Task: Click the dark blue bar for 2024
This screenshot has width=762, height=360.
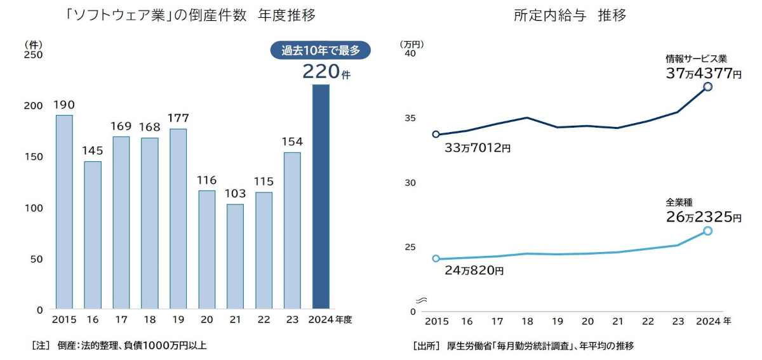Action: click(x=321, y=197)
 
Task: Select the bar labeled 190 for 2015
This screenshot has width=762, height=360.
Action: click(x=64, y=212)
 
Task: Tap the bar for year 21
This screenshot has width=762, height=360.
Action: click(x=235, y=257)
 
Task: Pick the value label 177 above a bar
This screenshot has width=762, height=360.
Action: click(x=178, y=118)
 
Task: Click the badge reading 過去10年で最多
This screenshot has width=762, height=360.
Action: click(x=320, y=51)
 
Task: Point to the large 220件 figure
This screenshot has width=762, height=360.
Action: click(x=326, y=72)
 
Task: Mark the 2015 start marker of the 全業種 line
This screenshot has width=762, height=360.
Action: click(x=436, y=258)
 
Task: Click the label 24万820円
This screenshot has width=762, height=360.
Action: click(x=471, y=271)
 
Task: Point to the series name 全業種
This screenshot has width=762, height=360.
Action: click(x=679, y=203)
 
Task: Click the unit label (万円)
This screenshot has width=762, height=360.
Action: click(x=411, y=44)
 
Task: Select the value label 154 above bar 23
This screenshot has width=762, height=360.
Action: click(x=292, y=142)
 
